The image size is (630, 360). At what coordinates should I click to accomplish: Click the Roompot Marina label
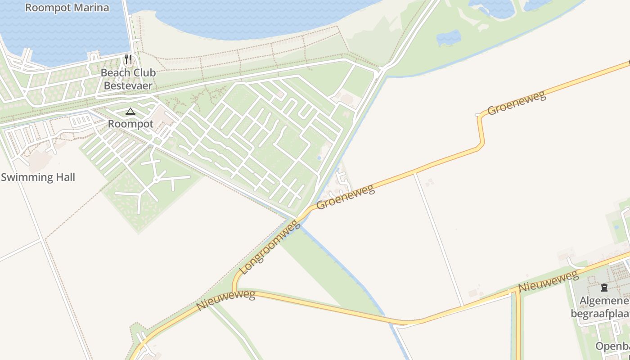coord(67,8)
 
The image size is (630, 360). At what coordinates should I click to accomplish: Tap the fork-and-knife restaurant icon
coord(128,59)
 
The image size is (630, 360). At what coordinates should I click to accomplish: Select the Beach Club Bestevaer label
coord(128,79)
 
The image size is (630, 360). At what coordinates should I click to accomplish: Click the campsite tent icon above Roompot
coord(130,111)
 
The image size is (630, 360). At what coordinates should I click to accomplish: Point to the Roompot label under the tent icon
coord(130,124)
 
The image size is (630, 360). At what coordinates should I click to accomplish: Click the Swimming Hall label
coord(38,177)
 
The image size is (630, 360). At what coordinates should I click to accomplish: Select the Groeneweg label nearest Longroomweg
coord(346,197)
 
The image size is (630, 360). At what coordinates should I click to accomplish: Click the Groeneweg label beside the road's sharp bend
coord(517,103)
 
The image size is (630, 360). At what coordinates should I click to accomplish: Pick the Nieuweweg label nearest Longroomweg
coord(226,301)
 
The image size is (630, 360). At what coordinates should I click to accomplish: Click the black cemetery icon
coord(604,287)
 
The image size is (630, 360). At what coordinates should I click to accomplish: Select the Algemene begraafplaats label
coord(600,307)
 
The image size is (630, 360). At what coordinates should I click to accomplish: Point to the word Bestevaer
coord(128,85)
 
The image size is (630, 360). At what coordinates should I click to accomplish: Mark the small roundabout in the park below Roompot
coord(156,180)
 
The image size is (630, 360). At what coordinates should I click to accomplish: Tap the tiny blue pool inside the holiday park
coord(319,158)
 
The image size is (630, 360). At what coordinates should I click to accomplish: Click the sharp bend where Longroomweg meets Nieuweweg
coord(234,288)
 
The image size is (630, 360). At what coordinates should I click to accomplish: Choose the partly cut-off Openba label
coord(612,346)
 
